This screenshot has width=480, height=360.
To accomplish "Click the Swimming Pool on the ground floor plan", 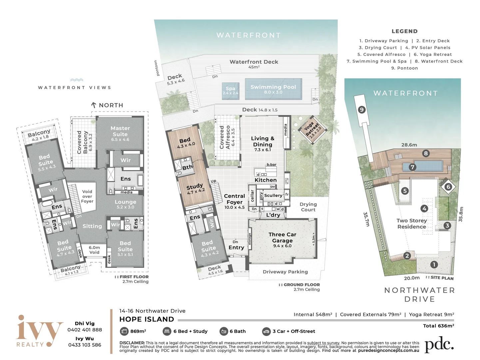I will [x=273, y=89].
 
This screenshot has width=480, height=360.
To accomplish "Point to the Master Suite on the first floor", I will [x=120, y=133].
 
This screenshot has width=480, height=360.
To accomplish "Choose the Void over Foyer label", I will [x=87, y=196].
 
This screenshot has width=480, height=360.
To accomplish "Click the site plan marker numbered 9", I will [x=362, y=110].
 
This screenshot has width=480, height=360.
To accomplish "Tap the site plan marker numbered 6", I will [x=448, y=187].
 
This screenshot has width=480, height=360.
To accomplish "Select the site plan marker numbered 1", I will [x=434, y=265].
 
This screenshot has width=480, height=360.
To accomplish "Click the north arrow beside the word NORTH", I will [x=94, y=105].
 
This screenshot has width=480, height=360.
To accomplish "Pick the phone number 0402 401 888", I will [x=85, y=330].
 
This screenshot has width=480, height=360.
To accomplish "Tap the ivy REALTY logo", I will [x=39, y=331].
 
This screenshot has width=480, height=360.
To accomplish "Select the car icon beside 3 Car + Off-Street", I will [x=266, y=331].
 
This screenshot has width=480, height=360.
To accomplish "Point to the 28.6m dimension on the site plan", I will [x=409, y=145].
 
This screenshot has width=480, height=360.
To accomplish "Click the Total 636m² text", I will [x=438, y=326].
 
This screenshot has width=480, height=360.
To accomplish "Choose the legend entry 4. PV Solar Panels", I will [x=428, y=48].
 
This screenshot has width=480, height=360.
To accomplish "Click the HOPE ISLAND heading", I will [x=147, y=319].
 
